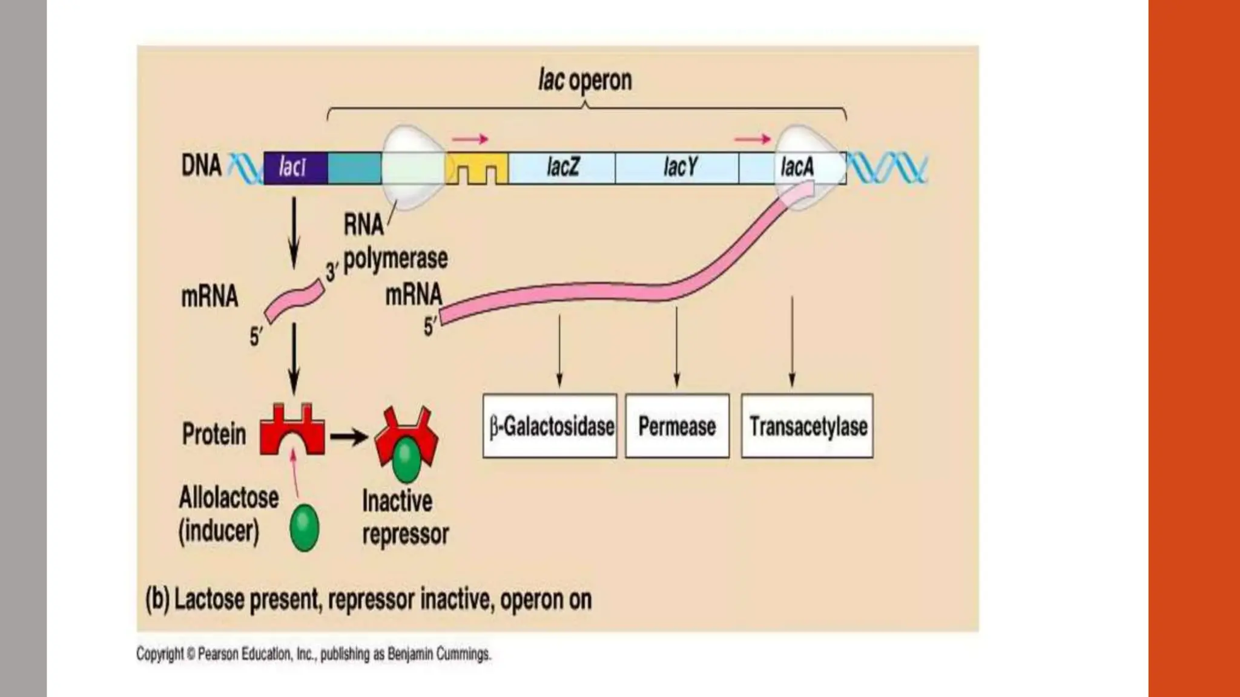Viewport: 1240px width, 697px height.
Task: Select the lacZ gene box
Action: [562, 168]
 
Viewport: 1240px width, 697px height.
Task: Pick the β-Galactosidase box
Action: [550, 426]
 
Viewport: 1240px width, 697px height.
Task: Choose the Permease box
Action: [677, 426]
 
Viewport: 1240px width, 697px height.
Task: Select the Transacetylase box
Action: [807, 426]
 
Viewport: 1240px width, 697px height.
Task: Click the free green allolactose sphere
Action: [304, 528]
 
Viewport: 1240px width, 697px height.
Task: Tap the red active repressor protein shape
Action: [292, 431]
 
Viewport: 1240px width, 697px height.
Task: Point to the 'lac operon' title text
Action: [585, 80]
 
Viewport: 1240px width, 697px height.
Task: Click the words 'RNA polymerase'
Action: [395, 242]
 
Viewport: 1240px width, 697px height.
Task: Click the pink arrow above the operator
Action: [470, 140]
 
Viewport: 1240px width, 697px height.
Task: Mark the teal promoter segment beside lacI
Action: [354, 168]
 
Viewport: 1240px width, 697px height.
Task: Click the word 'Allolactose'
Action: [229, 498]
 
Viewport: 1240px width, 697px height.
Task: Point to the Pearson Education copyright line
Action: [314, 654]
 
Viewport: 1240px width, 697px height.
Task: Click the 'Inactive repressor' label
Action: [404, 518]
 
